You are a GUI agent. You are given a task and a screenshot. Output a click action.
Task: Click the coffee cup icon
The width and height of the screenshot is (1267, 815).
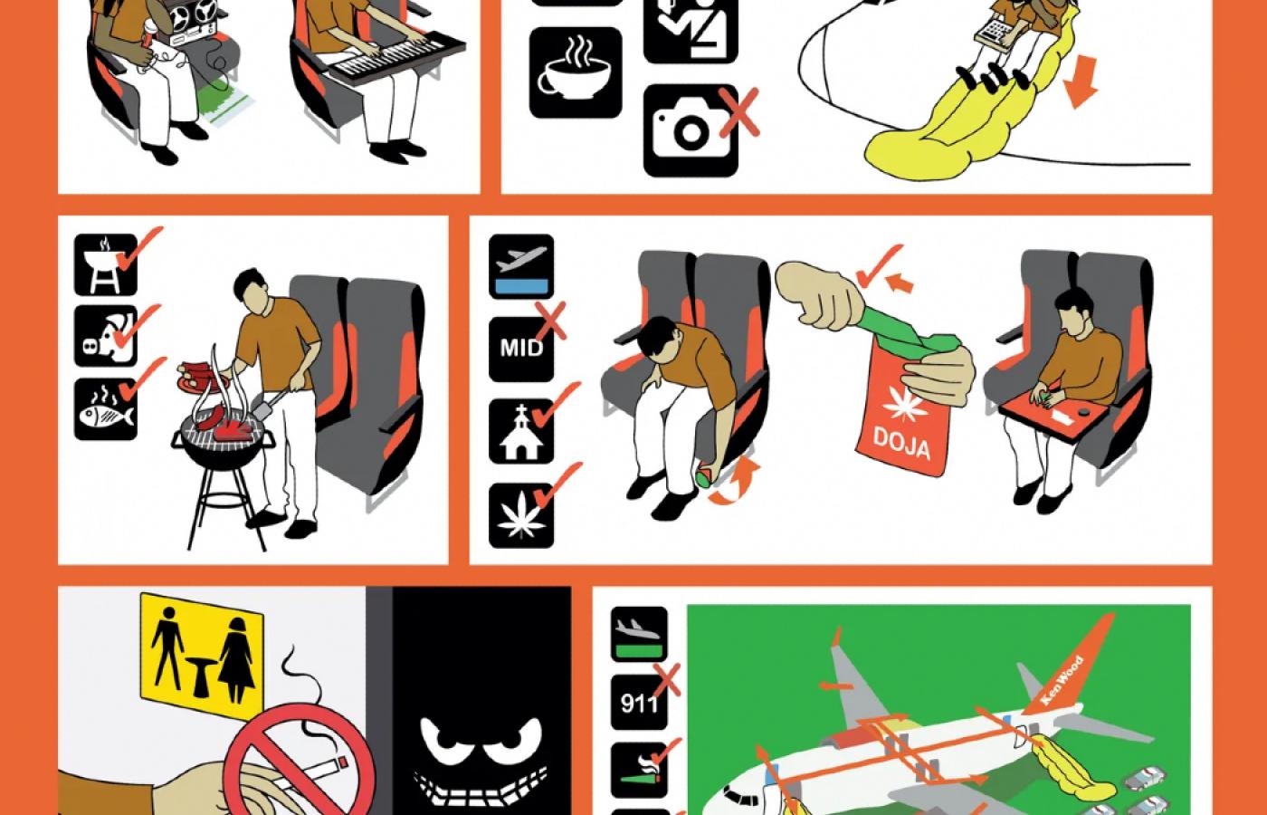(576, 72)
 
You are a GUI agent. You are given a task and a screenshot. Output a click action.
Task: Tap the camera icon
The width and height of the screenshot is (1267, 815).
(691, 130)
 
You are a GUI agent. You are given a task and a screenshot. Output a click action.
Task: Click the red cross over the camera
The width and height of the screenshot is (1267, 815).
(739, 112)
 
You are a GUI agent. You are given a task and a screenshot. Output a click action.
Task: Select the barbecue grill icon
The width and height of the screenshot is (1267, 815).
(106, 264)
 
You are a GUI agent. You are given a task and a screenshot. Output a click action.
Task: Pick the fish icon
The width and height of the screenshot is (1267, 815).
(106, 408)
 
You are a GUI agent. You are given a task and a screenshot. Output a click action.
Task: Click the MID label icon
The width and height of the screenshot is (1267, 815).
(521, 349)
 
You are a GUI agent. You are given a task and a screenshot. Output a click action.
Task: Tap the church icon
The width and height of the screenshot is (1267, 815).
(521, 431)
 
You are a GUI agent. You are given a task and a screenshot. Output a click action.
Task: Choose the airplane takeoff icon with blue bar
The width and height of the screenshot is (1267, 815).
(521, 266)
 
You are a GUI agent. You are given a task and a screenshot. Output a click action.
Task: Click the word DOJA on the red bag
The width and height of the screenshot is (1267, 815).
(901, 443)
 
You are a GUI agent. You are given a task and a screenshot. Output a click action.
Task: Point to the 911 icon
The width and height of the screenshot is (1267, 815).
(639, 702)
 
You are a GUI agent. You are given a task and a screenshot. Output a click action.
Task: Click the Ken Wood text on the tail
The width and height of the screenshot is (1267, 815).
(1062, 678)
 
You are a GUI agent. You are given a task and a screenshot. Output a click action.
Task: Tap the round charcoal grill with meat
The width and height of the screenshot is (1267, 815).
(224, 443)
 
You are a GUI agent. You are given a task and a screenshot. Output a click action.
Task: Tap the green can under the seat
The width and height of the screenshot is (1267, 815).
(705, 475)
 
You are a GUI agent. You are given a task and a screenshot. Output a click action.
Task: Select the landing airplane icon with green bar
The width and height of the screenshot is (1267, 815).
(639, 634)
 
